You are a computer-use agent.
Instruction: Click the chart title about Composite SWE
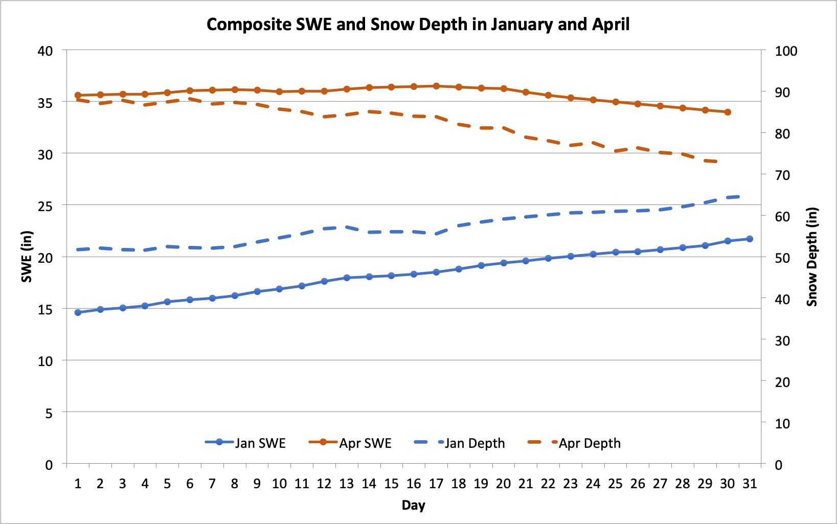click(x=418, y=25)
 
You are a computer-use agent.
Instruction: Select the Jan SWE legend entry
click(x=245, y=443)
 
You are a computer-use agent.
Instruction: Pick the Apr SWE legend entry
click(x=350, y=443)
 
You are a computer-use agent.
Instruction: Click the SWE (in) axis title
click(x=27, y=257)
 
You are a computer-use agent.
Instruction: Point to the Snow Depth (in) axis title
click(x=812, y=257)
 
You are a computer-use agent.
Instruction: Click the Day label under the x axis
click(x=413, y=505)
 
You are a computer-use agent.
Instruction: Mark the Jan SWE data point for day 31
click(x=750, y=239)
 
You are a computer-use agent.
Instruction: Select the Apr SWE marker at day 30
click(x=728, y=112)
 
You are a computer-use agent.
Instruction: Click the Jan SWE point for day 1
click(x=78, y=312)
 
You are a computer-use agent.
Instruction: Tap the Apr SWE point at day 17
click(x=436, y=86)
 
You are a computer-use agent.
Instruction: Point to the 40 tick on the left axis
click(x=46, y=51)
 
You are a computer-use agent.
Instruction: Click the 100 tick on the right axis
click(x=786, y=51)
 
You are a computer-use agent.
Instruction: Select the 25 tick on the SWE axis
click(x=46, y=206)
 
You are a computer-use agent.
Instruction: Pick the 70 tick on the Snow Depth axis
click(x=782, y=175)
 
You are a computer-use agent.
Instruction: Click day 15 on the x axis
click(x=391, y=484)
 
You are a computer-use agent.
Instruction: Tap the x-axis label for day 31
click(x=750, y=484)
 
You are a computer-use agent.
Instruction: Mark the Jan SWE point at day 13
click(x=347, y=278)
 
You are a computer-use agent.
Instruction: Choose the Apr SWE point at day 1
click(x=78, y=95)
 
